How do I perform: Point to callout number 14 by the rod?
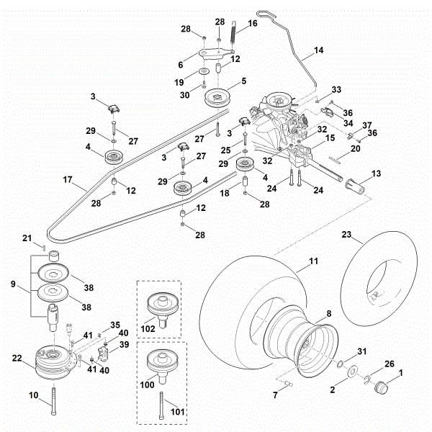point(319,52)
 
